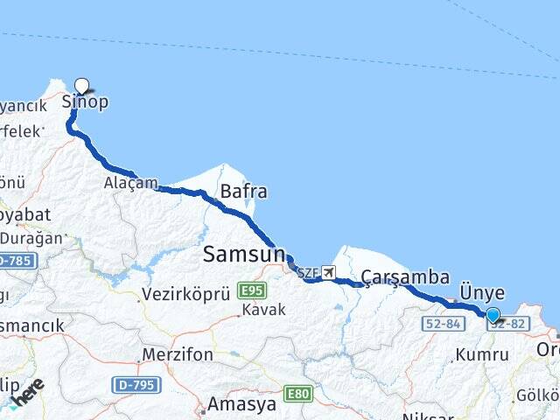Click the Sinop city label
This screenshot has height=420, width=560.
(85, 101)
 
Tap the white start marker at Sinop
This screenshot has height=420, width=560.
(81, 86)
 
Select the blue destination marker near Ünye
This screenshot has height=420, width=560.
(493, 315)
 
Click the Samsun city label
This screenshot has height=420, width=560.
(244, 254)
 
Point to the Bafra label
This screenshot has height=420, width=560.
(243, 191)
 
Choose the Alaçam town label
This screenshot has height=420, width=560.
(130, 183)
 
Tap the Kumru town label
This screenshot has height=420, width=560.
(481, 354)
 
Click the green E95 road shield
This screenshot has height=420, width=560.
(251, 290)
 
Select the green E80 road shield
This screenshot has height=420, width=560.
(298, 394)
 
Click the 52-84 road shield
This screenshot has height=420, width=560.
(442, 324)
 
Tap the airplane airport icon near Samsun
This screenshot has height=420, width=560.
(328, 272)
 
